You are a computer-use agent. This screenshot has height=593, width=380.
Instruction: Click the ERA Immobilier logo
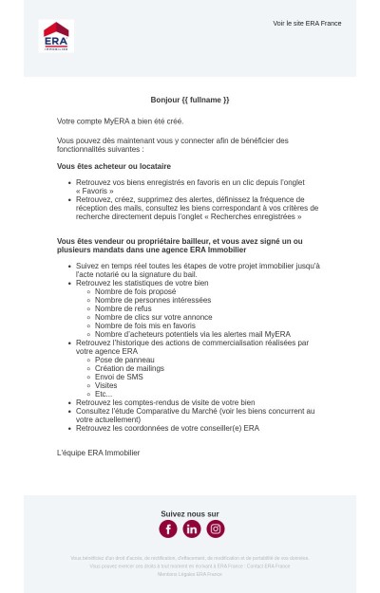55,36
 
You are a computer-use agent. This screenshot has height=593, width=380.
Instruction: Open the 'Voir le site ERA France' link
307,23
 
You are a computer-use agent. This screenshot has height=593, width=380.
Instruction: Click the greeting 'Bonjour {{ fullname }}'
189,100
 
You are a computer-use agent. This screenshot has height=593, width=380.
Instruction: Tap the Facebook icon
168,528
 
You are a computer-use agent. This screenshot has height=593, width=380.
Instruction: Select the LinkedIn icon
192,528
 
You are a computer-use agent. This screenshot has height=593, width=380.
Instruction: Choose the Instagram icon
216,528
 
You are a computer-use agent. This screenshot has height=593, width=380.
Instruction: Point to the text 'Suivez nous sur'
189,514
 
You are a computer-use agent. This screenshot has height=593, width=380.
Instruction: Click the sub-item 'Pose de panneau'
124,360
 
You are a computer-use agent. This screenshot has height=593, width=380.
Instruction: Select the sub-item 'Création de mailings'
129,368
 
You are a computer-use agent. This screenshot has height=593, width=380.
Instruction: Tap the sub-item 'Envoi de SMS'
119,377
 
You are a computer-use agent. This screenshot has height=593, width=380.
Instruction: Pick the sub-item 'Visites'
106,385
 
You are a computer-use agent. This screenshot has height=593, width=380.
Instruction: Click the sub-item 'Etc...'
104,394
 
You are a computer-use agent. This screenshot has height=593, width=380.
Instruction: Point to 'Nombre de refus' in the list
123,308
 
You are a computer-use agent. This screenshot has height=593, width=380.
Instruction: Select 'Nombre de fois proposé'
135,291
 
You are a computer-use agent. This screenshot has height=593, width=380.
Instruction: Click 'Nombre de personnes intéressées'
152,300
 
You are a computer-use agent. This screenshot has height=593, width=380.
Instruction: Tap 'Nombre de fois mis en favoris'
144,325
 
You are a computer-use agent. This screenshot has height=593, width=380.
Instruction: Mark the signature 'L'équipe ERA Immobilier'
98,453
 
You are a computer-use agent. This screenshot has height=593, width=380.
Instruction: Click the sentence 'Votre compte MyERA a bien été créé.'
120,121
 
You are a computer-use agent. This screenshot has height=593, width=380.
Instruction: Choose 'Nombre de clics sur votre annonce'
153,317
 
